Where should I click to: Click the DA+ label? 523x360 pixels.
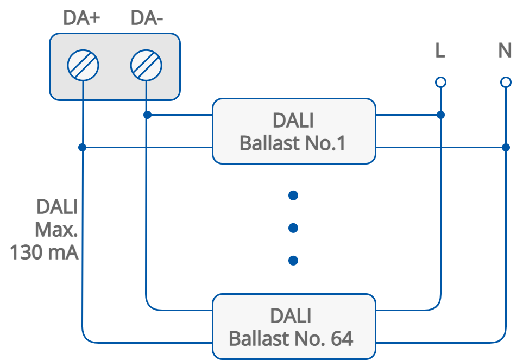(x=81, y=18)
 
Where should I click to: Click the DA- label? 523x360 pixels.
(x=147, y=18)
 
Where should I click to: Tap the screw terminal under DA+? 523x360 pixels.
(x=83, y=66)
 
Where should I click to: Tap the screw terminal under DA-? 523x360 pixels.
(x=146, y=66)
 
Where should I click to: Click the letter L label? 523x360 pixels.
(x=440, y=51)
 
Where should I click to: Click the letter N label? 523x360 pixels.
(x=505, y=51)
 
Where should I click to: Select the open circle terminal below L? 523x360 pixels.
(x=441, y=82)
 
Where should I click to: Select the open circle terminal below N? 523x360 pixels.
(x=506, y=82)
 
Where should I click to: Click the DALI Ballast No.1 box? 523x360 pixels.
(x=293, y=131)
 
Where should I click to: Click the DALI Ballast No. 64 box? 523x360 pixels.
(x=293, y=326)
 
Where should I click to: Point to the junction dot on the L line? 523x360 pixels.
(x=441, y=115)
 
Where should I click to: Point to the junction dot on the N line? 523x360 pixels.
(x=506, y=147)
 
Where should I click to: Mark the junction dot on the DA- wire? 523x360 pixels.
(x=147, y=115)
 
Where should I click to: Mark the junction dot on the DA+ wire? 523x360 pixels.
(x=82, y=147)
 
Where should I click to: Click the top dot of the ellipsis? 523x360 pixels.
(x=293, y=195)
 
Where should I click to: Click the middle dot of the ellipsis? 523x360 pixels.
(x=293, y=228)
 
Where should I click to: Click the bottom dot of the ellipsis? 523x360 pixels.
(x=293, y=261)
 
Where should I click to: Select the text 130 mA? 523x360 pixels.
(x=45, y=252)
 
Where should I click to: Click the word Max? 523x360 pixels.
(x=56, y=230)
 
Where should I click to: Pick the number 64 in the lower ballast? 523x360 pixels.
(x=342, y=339)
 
